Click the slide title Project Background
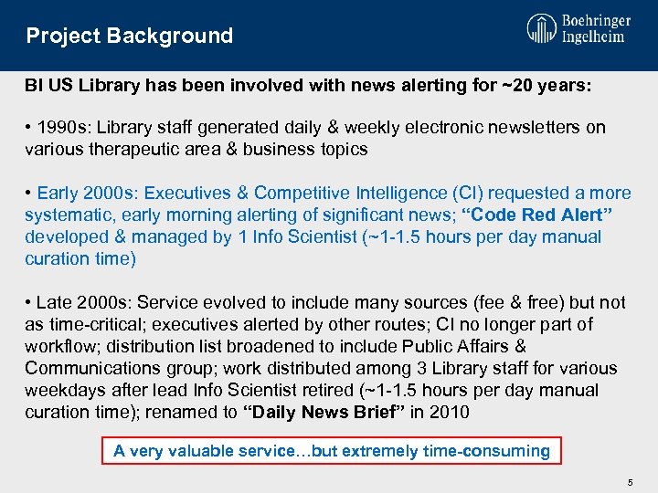click(129, 37)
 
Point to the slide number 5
click(630, 480)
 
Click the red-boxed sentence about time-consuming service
click(331, 451)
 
